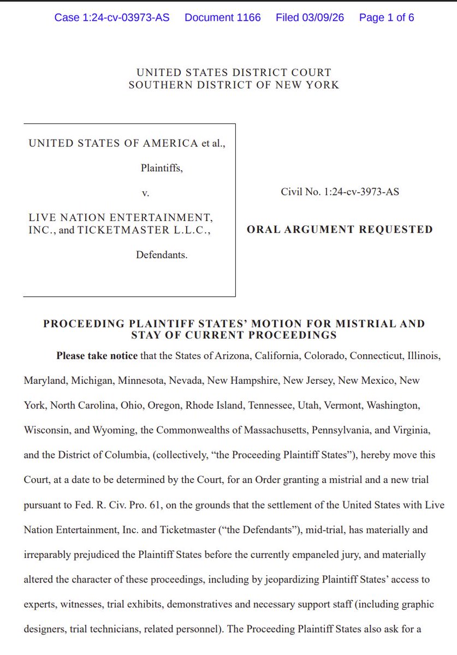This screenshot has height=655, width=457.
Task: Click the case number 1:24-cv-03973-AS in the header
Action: tap(112, 17)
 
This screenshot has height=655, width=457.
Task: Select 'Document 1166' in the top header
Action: tap(222, 17)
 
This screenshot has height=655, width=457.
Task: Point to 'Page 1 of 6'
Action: tap(386, 17)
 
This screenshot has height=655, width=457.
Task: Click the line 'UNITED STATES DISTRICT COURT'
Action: tap(234, 72)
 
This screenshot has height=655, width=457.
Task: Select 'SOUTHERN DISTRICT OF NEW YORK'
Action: tap(234, 85)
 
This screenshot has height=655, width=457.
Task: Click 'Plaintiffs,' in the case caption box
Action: tap(162, 168)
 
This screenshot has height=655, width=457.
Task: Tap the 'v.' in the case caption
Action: tap(145, 193)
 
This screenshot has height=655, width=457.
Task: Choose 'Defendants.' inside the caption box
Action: tap(162, 254)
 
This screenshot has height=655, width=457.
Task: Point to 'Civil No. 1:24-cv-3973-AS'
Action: tap(340, 192)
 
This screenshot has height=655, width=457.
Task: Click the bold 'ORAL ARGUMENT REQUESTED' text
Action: tap(340, 229)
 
